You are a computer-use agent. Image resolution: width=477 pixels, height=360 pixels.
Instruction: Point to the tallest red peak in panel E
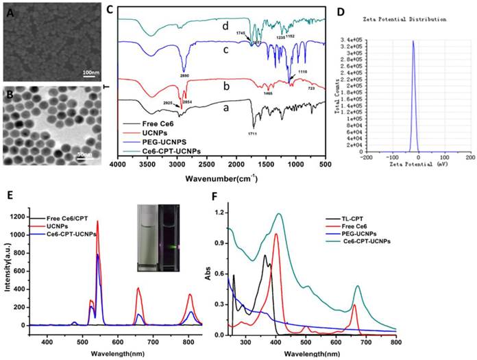pyautogui.click(x=97, y=221)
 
